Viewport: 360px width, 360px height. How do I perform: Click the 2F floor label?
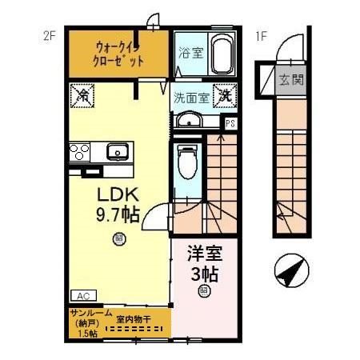(47, 36)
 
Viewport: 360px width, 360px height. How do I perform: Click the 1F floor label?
(260, 36)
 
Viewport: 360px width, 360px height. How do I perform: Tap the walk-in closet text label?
(118, 53)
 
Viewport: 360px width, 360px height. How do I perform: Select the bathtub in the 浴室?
(222, 54)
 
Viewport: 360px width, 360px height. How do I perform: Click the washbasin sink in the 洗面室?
(190, 120)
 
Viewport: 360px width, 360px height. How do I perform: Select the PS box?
(230, 123)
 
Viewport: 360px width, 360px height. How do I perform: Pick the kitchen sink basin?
(117, 150)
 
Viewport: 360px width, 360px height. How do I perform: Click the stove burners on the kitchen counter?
(79, 151)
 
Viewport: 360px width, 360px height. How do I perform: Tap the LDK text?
(118, 195)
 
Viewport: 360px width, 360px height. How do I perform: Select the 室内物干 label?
(134, 318)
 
